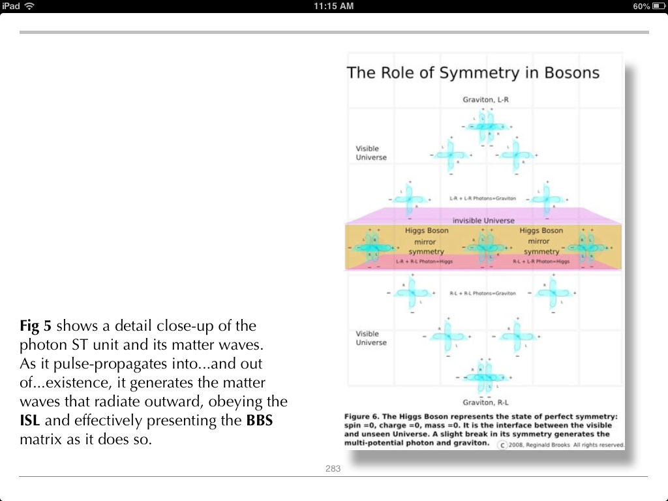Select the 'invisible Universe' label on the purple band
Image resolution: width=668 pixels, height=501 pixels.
[x=483, y=220]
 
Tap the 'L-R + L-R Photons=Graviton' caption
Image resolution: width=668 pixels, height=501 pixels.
[x=483, y=198]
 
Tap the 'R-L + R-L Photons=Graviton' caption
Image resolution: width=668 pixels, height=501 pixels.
[x=483, y=294]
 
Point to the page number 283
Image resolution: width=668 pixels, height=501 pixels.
[x=333, y=468]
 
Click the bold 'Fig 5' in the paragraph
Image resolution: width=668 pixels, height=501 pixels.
[x=35, y=326]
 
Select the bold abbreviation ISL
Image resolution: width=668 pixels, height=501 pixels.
[x=30, y=421]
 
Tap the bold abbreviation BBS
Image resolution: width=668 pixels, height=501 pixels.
[x=259, y=421]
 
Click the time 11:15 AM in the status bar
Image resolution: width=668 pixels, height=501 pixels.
[x=333, y=6]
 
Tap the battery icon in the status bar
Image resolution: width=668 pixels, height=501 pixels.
[x=657, y=6]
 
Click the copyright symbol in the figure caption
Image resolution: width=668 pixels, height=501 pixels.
[x=502, y=445]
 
